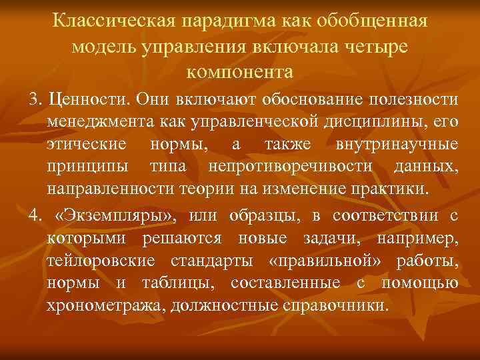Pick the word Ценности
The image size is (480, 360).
90,100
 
